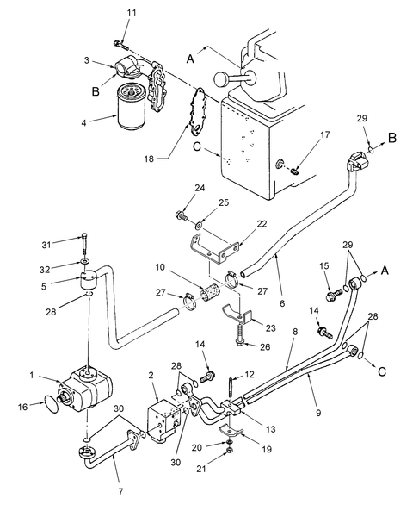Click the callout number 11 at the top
tap(131, 12)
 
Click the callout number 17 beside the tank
tap(300, 134)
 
